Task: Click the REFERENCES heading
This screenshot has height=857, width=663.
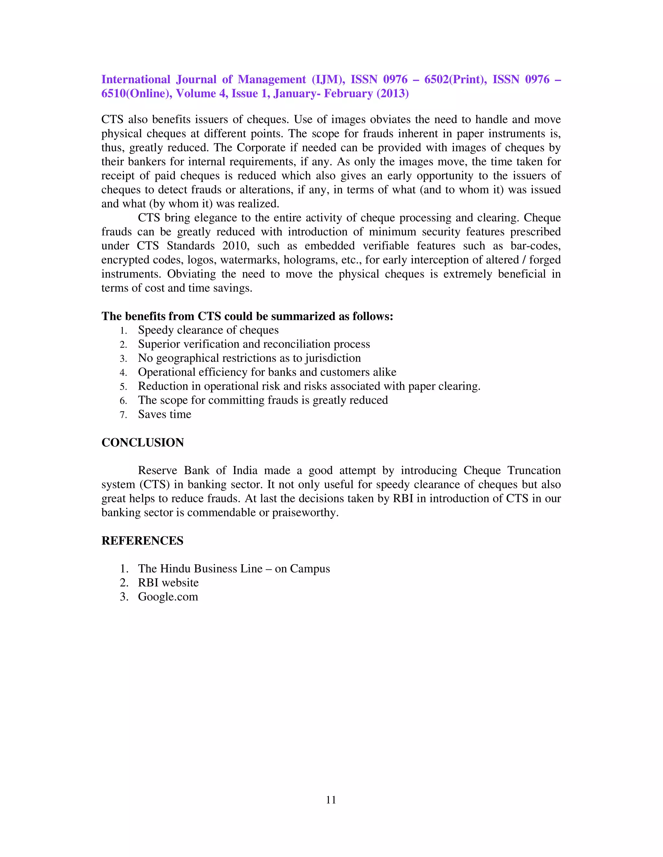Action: click(x=142, y=540)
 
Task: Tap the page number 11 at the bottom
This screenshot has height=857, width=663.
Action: click(x=331, y=800)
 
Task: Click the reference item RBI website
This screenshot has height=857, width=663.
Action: click(x=168, y=582)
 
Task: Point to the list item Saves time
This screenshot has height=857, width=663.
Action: click(x=164, y=414)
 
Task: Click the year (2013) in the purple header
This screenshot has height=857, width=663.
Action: click(x=392, y=93)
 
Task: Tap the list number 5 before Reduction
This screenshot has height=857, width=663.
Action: click(x=123, y=386)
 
